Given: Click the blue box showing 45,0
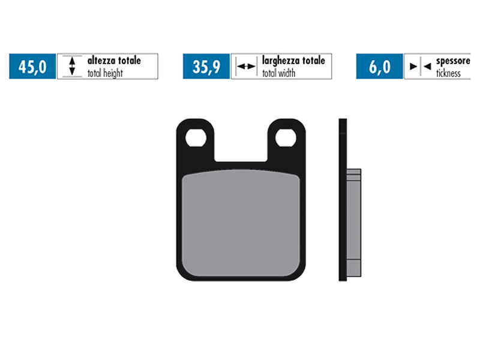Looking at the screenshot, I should pos(32,67).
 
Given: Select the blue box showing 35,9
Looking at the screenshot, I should pos(206,67).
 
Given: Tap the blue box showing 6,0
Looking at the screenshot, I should pos(379,67).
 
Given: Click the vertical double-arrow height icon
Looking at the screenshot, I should pos(72,67).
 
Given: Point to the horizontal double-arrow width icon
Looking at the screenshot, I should pos(245,67).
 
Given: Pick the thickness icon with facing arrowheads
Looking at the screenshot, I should pos(419,67).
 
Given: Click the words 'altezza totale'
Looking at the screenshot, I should pos(114,61).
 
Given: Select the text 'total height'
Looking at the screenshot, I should pos(105,73).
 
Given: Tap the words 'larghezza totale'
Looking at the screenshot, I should pos(293,61).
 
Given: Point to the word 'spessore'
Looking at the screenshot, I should pos(455,61).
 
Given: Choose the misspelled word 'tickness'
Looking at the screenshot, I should pos(448,73).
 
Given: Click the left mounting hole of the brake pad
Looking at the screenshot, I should pos(195,138).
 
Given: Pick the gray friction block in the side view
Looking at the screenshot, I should pos(354,222).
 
